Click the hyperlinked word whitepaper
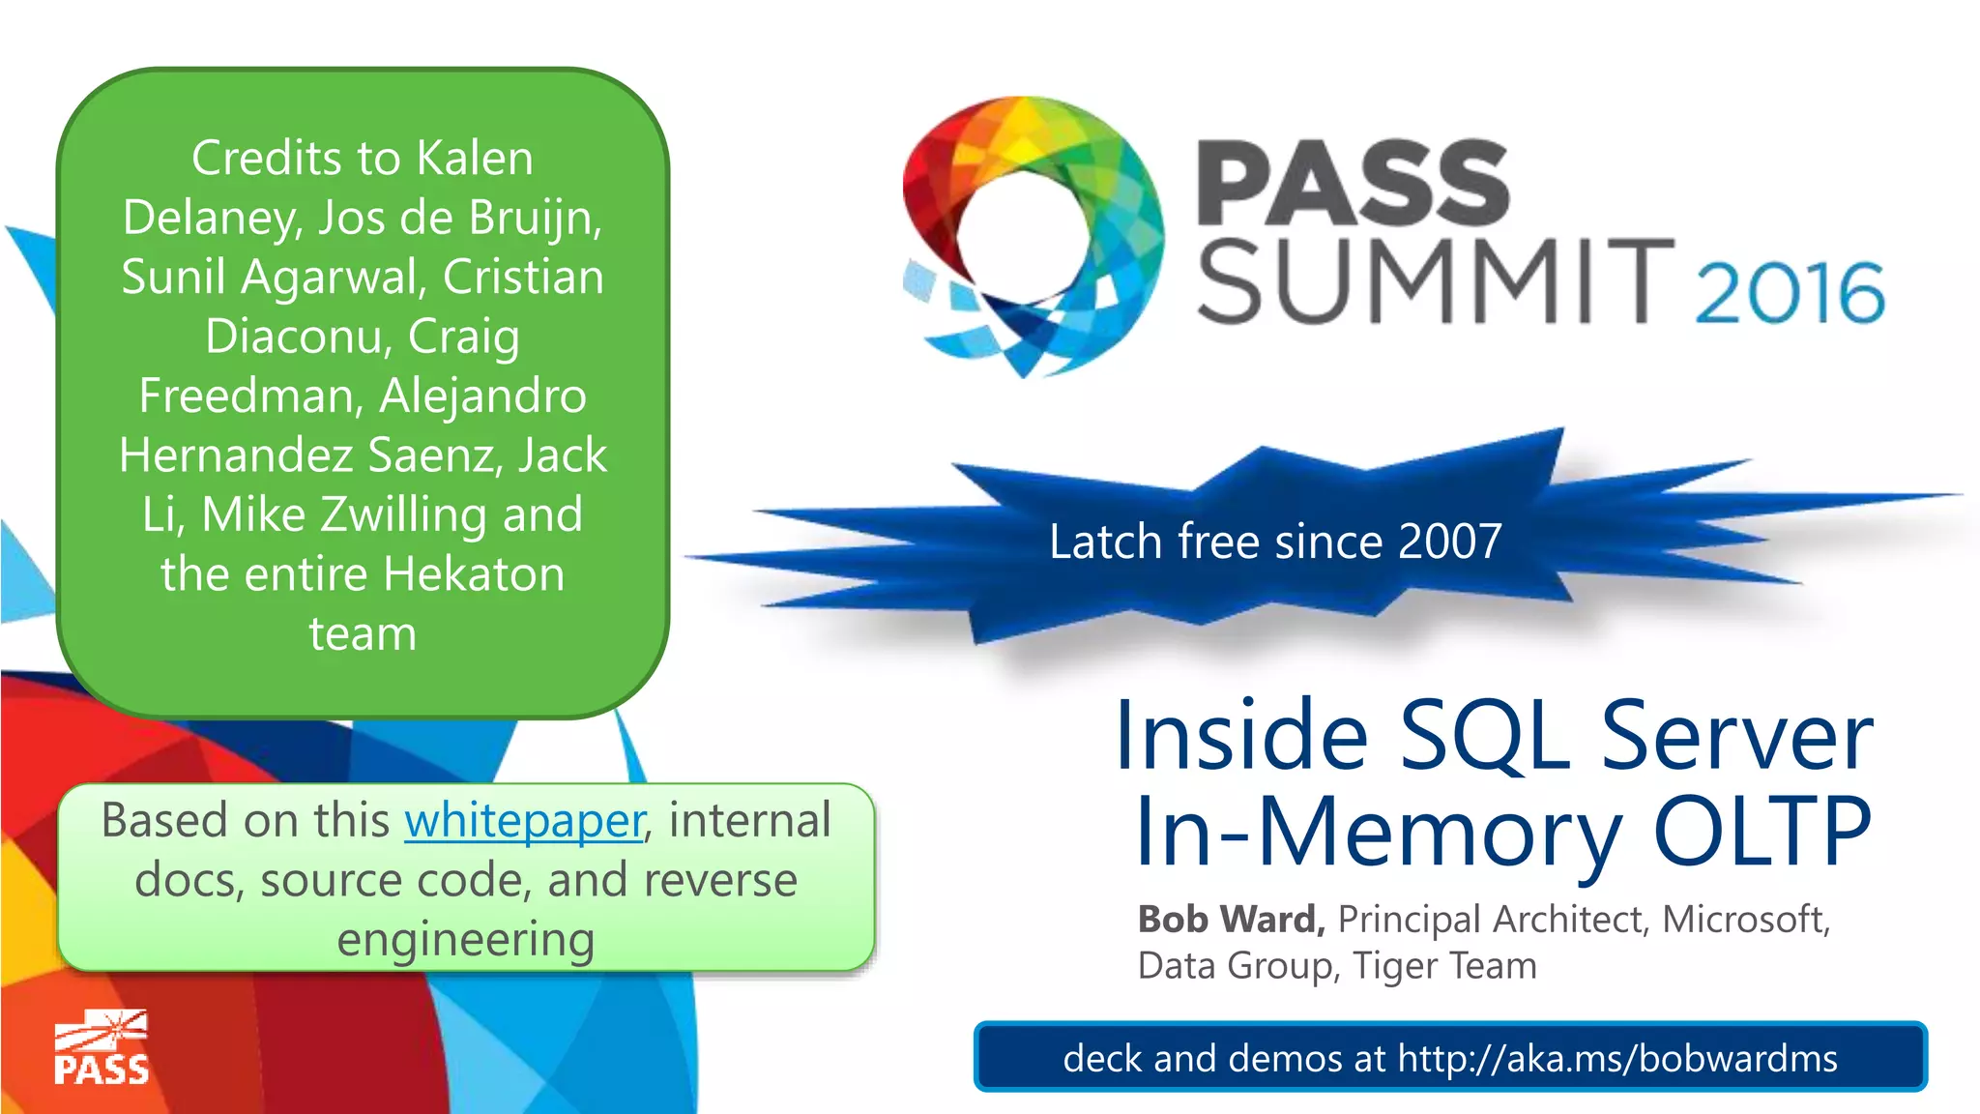click(524, 821)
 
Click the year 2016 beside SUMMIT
click(1790, 292)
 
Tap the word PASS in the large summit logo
click(1353, 183)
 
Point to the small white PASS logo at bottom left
click(102, 1048)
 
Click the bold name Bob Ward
click(1231, 919)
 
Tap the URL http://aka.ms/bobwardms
click(1617, 1059)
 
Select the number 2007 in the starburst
click(1449, 542)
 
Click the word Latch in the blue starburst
click(1105, 542)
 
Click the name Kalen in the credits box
click(475, 159)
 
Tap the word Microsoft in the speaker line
click(1745, 919)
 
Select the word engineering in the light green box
click(465, 940)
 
